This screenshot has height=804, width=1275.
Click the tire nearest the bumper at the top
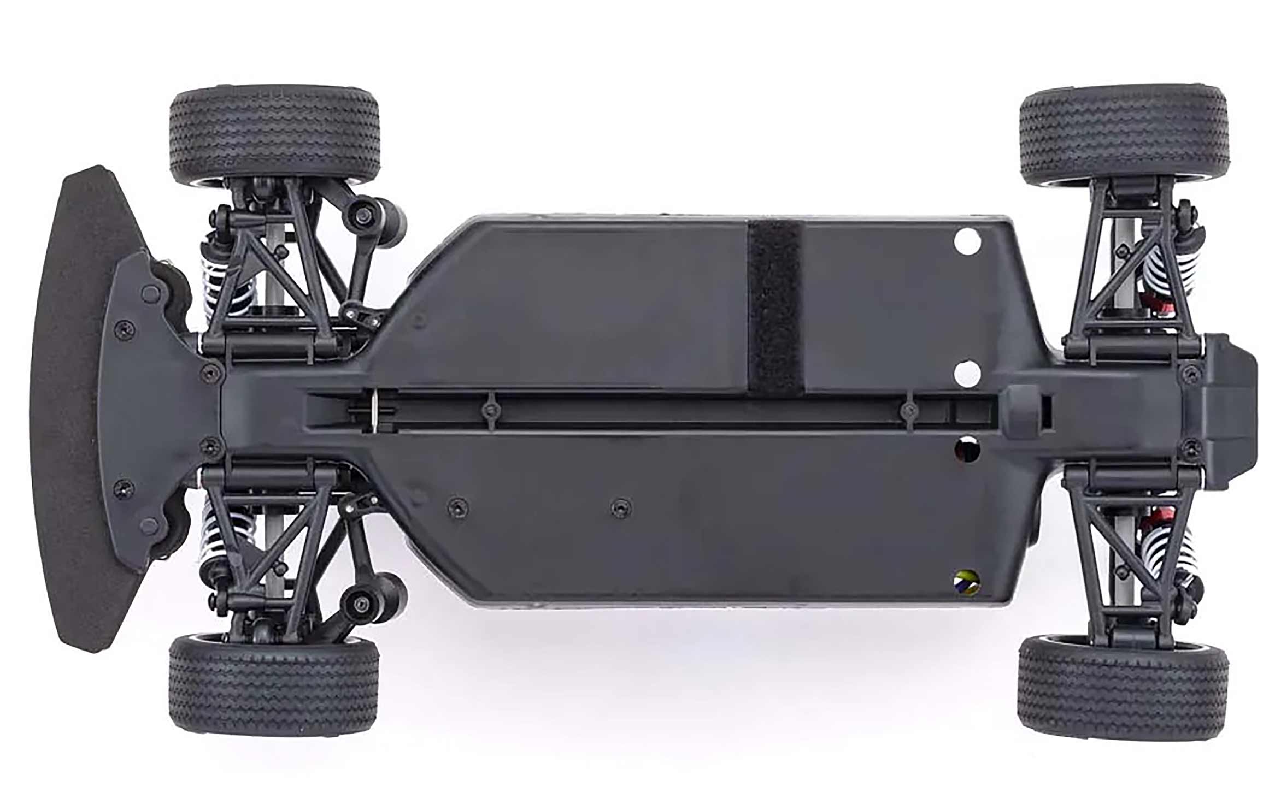pos(275,135)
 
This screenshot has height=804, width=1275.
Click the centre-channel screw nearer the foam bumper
pos(490,409)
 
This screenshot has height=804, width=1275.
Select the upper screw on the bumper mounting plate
pos(125,329)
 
